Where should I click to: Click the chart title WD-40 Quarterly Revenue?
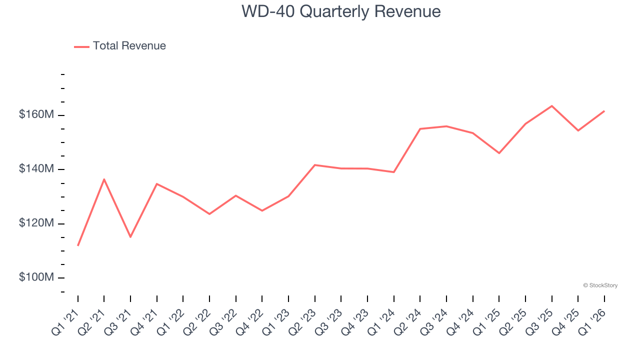coord(341,11)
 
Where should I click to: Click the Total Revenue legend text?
coord(129,46)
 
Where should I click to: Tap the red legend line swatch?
coord(81,46)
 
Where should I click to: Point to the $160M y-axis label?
coord(36,114)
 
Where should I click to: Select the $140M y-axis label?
coord(36,169)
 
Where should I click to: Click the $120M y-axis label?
coord(36,223)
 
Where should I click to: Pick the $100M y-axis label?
coord(36,277)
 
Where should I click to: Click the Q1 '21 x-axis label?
coord(65,321)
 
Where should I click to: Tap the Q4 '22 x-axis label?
coord(249,321)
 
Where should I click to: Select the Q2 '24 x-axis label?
coord(407,321)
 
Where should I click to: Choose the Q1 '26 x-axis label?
coord(591,321)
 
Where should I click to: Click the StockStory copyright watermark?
coord(600,285)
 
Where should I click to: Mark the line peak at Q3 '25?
coord(551,106)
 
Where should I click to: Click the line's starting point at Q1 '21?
coord(78,245)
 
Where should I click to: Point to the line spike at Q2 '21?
coord(104,179)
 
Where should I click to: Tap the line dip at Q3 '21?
coord(130,236)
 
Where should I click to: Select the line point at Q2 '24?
coord(420,129)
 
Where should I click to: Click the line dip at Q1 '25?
coord(499,153)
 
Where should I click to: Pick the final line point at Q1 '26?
coord(604,111)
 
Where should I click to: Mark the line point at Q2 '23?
coord(315,165)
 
